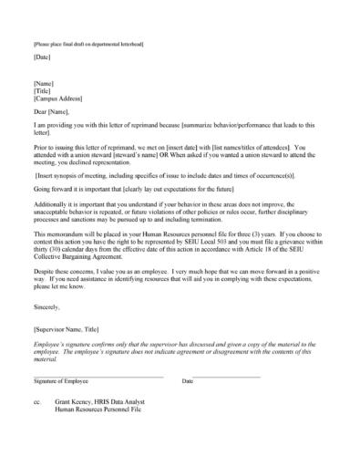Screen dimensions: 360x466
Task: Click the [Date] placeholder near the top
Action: [x=42, y=57]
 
